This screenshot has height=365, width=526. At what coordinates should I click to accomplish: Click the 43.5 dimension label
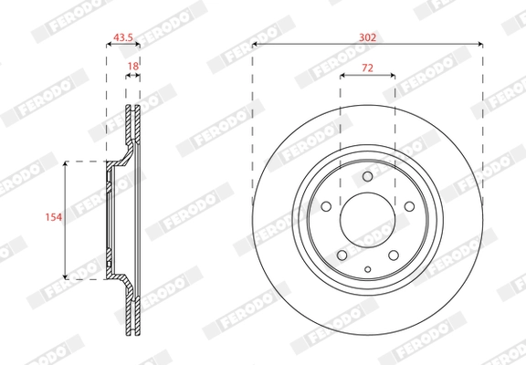(x=123, y=37)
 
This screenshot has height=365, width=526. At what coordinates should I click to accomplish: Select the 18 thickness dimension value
(x=132, y=67)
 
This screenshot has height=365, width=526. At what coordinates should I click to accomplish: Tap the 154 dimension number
(x=54, y=217)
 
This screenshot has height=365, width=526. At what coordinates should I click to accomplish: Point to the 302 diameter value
(x=368, y=37)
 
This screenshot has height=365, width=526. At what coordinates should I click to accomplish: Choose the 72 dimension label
(x=367, y=68)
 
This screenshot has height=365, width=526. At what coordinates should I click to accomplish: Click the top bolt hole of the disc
(x=368, y=176)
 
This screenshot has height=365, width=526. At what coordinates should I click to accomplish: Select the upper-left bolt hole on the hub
(x=326, y=206)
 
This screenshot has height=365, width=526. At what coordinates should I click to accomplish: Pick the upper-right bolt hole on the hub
(x=409, y=206)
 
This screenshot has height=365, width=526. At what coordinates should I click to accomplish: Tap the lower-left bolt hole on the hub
(x=342, y=255)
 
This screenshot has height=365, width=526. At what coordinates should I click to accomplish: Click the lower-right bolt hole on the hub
(x=394, y=255)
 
